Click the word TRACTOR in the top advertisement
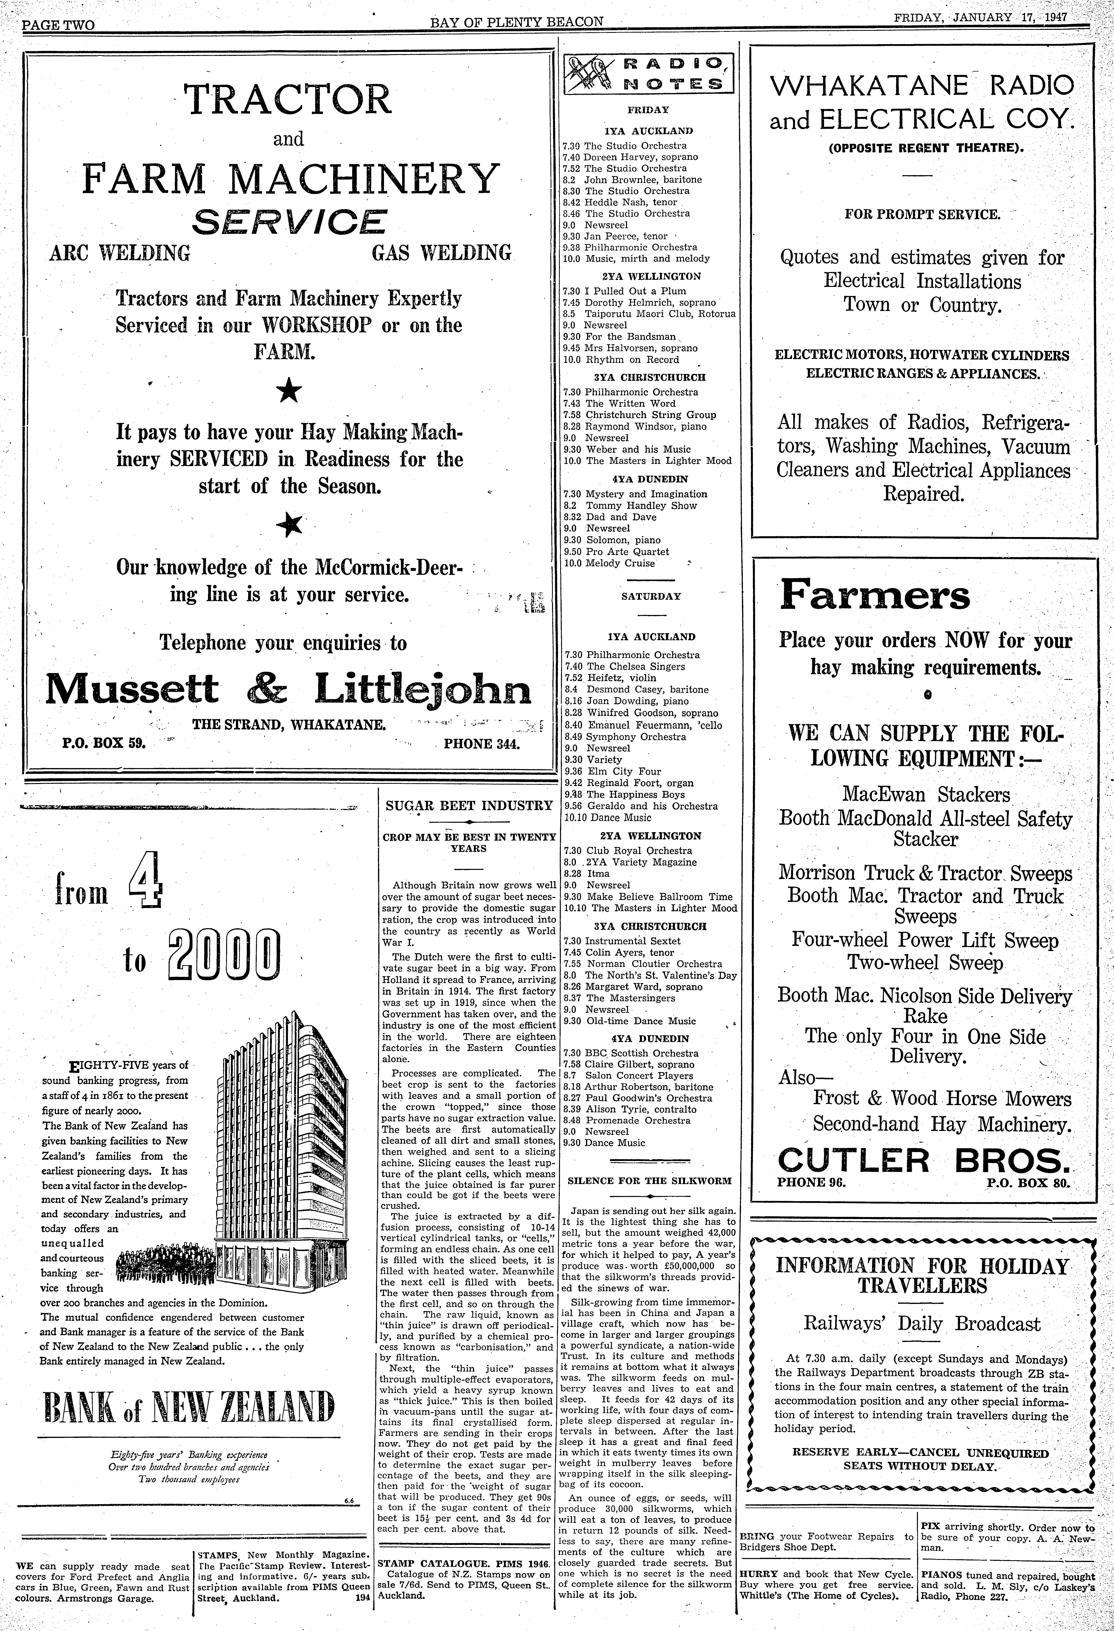[x=289, y=100]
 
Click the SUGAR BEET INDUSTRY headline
[x=469, y=806]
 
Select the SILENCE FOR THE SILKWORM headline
[x=649, y=1180]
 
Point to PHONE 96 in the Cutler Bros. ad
[x=812, y=1182]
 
